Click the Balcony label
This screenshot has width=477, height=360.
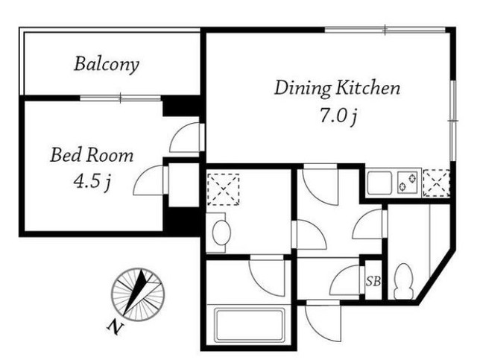[107, 64]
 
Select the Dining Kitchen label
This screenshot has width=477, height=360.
[337, 89]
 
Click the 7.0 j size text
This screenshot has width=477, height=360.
[338, 116]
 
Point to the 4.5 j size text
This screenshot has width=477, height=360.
[92, 182]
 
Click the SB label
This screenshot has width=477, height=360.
[373, 282]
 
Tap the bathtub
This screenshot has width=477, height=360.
[250, 325]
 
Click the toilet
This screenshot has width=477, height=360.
[404, 281]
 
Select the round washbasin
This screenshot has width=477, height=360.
[221, 233]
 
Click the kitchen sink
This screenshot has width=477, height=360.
[379, 183]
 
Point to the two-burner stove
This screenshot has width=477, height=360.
[408, 182]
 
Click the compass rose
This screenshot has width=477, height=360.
[138, 294]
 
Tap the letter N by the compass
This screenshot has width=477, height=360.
[115, 327]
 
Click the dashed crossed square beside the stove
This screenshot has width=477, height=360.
[437, 183]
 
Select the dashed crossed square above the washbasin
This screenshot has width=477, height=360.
[224, 189]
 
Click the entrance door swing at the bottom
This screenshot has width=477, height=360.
[323, 321]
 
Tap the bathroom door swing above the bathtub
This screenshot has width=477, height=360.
[267, 276]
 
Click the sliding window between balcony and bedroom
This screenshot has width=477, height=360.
[121, 98]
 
